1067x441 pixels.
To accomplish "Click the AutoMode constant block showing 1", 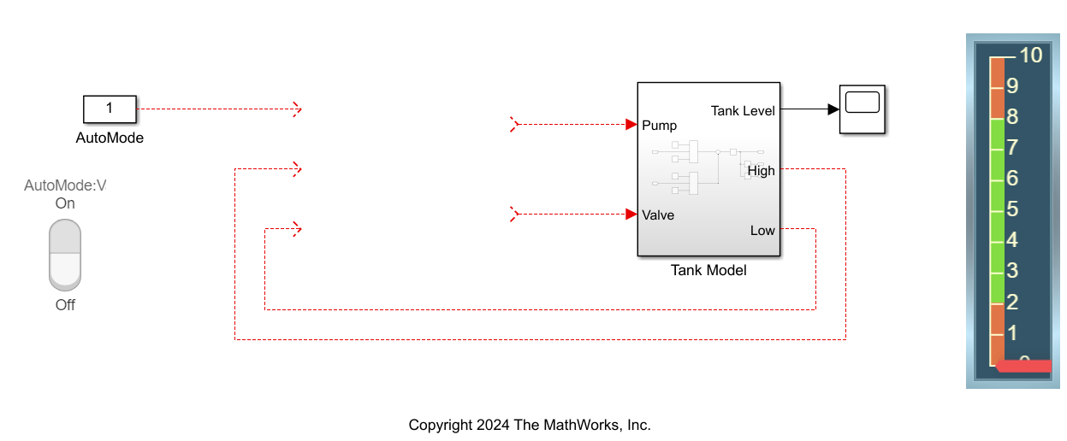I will pyautogui.click(x=109, y=109).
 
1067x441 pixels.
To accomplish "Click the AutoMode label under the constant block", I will pyautogui.click(x=110, y=138).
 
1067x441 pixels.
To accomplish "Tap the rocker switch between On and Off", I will pyautogui.click(x=65, y=255).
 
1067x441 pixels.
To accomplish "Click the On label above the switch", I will pyautogui.click(x=65, y=203).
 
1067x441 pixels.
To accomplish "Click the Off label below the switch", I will pyautogui.click(x=65, y=305).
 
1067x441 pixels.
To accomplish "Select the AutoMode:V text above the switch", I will pyautogui.click(x=65, y=185).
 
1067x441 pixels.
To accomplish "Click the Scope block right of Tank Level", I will pyautogui.click(x=862, y=109).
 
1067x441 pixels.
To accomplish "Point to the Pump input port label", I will pyautogui.click(x=659, y=125).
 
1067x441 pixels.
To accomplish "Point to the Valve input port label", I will pyautogui.click(x=658, y=215).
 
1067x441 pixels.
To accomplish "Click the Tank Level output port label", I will pyautogui.click(x=743, y=110).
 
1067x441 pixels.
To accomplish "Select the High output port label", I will pyautogui.click(x=761, y=171).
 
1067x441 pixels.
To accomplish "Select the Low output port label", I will pyautogui.click(x=762, y=231).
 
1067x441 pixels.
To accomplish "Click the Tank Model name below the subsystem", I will pyautogui.click(x=708, y=270).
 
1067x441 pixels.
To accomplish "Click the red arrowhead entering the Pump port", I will pyautogui.click(x=631, y=124).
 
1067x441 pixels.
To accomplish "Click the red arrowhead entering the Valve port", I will pyautogui.click(x=631, y=214).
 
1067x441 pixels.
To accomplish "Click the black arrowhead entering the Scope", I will pyautogui.click(x=832, y=109).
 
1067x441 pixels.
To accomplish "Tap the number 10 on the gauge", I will pyautogui.click(x=1030, y=56).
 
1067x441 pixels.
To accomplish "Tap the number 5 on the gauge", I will pyautogui.click(x=1012, y=209).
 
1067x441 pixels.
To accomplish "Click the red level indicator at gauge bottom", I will pyautogui.click(x=1024, y=366).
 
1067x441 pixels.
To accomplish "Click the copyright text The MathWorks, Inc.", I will pyautogui.click(x=530, y=425).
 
